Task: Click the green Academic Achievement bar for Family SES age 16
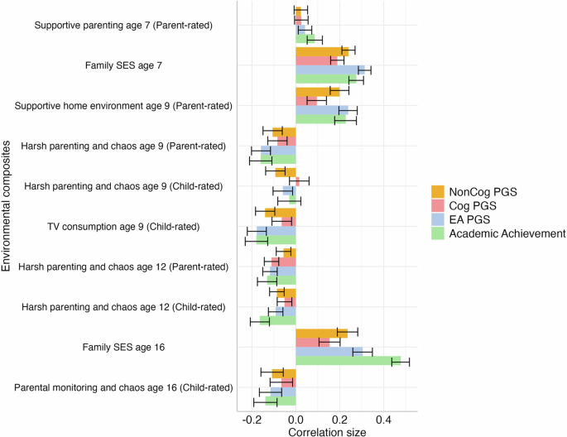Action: pyautogui.click(x=348, y=361)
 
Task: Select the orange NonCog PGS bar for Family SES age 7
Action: pyautogui.click(x=321, y=51)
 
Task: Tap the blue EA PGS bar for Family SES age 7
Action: pyautogui.click(x=329, y=70)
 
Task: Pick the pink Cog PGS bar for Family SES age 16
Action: pyautogui.click(x=312, y=342)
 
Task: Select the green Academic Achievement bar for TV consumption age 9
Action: pyautogui.click(x=276, y=240)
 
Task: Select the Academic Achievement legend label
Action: pyautogui.click(x=507, y=234)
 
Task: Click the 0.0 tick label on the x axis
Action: pyautogui.click(x=296, y=420)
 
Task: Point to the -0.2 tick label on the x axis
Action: pyautogui.click(x=251, y=420)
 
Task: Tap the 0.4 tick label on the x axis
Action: pyautogui.click(x=384, y=420)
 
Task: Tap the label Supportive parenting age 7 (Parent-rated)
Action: pyautogui.click(x=123, y=26)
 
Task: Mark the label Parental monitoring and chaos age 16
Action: pyautogui.click(x=123, y=387)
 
